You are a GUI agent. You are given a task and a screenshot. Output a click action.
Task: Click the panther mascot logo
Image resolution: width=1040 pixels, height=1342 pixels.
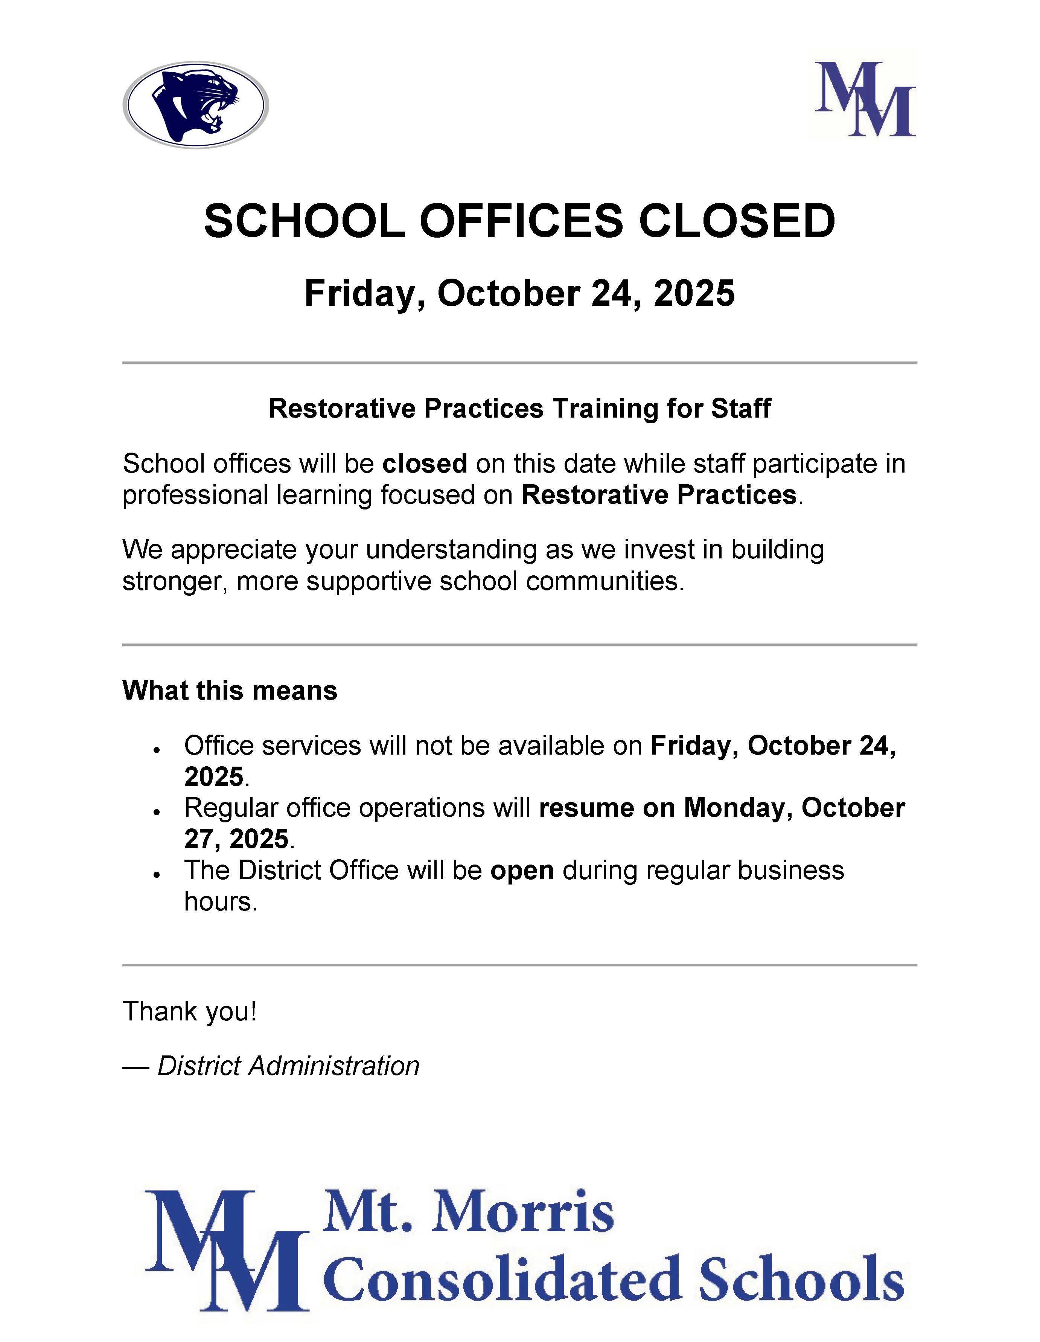(x=195, y=104)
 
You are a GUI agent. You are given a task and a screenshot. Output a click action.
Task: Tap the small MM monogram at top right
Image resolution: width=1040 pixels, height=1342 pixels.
(x=865, y=98)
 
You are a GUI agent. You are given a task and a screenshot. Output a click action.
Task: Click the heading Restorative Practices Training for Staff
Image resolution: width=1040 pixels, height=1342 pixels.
(x=520, y=409)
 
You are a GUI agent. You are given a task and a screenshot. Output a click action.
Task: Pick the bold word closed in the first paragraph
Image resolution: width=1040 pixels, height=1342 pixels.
(x=425, y=463)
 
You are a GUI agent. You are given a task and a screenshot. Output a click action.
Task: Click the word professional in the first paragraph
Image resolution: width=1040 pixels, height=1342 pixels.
(x=195, y=495)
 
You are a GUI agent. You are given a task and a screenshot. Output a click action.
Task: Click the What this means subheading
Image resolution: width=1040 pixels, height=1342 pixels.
(x=230, y=690)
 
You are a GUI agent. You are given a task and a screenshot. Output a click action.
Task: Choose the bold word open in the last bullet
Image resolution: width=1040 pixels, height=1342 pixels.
(x=522, y=871)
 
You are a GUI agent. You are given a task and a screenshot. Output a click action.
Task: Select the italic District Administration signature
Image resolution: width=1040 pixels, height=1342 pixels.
(x=288, y=1066)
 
